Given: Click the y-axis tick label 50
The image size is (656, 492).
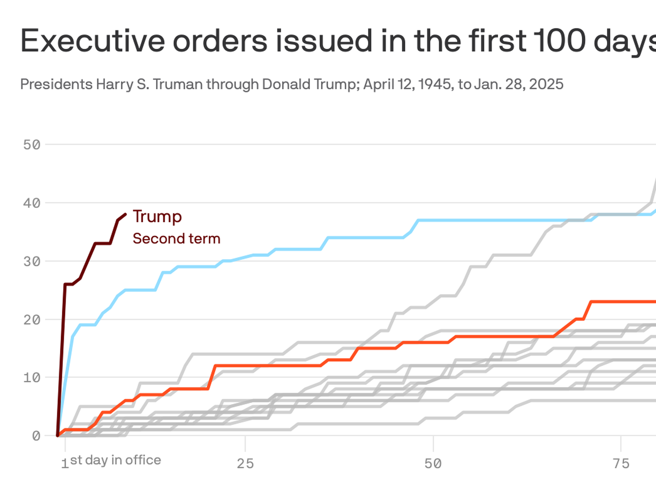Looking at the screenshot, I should [x=32, y=145].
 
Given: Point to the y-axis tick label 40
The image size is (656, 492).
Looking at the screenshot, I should [x=32, y=203].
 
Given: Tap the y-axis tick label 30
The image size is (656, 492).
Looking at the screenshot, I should [x=32, y=262].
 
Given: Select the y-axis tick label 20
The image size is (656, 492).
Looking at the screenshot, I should [x=32, y=320].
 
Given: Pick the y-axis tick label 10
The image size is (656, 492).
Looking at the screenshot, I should [x=32, y=378].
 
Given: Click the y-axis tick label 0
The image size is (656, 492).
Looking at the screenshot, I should [x=36, y=436].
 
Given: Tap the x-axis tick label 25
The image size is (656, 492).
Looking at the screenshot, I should [x=245, y=464].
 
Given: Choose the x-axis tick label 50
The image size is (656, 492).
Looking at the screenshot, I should [x=433, y=464].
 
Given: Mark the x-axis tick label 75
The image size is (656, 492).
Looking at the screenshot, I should [x=621, y=464].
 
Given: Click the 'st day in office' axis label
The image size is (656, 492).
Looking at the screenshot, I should [x=116, y=460].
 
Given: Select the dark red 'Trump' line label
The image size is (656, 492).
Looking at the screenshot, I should [x=157, y=216].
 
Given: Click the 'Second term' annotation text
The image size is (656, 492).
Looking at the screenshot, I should [x=176, y=239].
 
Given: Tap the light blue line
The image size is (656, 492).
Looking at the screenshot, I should [x=287, y=249].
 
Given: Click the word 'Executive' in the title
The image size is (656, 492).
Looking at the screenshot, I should [x=93, y=41].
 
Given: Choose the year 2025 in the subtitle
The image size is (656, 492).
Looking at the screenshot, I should [x=546, y=84].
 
